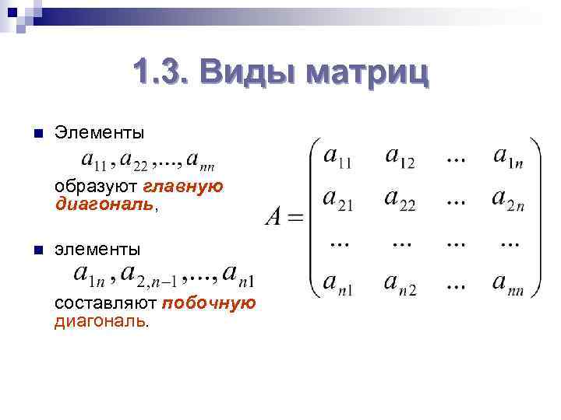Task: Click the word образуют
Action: pyautogui.click(x=95, y=187)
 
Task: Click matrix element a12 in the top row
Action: pyautogui.click(x=399, y=158)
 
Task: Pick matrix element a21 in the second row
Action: pyautogui.click(x=337, y=200)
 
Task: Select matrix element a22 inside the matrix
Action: pyautogui.click(x=400, y=200)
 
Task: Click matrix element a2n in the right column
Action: pyautogui.click(x=509, y=200)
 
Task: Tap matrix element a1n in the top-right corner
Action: pyautogui.click(x=509, y=158)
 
